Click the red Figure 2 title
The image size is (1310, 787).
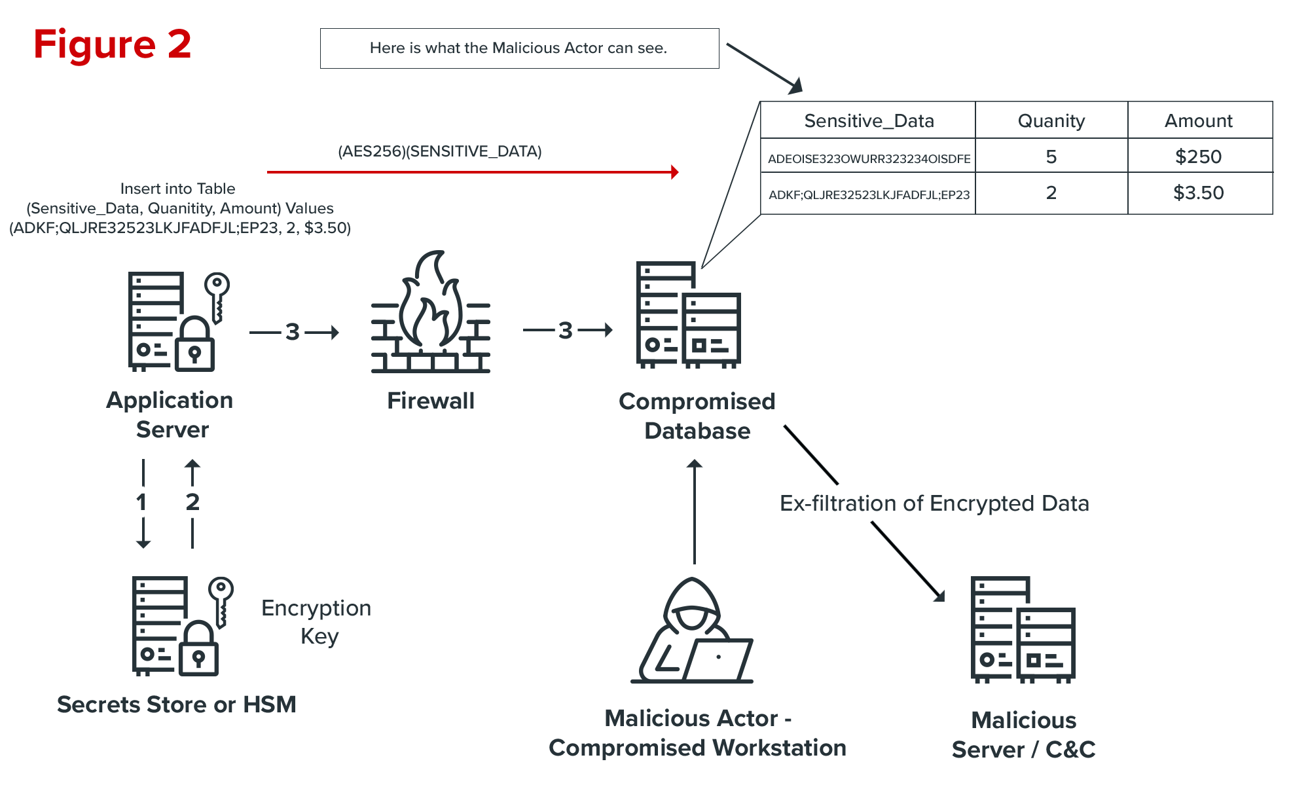(112, 45)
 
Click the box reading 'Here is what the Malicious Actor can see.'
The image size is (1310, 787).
(519, 48)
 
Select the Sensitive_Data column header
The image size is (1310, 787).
(868, 120)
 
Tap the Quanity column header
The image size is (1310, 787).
(1051, 120)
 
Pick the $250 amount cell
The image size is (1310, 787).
(1199, 156)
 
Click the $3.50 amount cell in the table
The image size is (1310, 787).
(1199, 193)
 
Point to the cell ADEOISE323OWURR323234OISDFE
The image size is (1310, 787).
(868, 158)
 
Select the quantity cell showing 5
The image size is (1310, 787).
(1051, 156)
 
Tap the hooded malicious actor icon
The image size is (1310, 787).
(693, 632)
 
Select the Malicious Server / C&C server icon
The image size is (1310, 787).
(1023, 630)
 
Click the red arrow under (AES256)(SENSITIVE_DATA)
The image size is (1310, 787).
(471, 172)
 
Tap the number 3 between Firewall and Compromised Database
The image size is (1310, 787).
(566, 331)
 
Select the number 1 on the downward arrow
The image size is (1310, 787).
(141, 502)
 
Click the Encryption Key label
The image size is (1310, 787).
(317, 622)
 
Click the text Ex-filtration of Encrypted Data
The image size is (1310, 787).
(934, 503)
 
